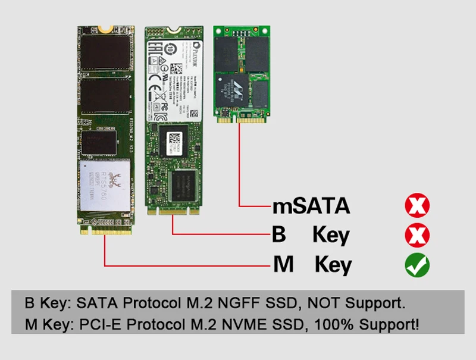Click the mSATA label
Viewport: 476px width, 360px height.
tap(311, 206)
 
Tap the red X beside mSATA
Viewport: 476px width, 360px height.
tap(417, 206)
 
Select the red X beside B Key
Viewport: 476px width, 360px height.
tap(417, 236)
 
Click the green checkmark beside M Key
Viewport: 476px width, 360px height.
tap(417, 265)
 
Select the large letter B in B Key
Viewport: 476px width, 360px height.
tap(278, 235)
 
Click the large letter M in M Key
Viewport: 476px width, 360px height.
tap(283, 265)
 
